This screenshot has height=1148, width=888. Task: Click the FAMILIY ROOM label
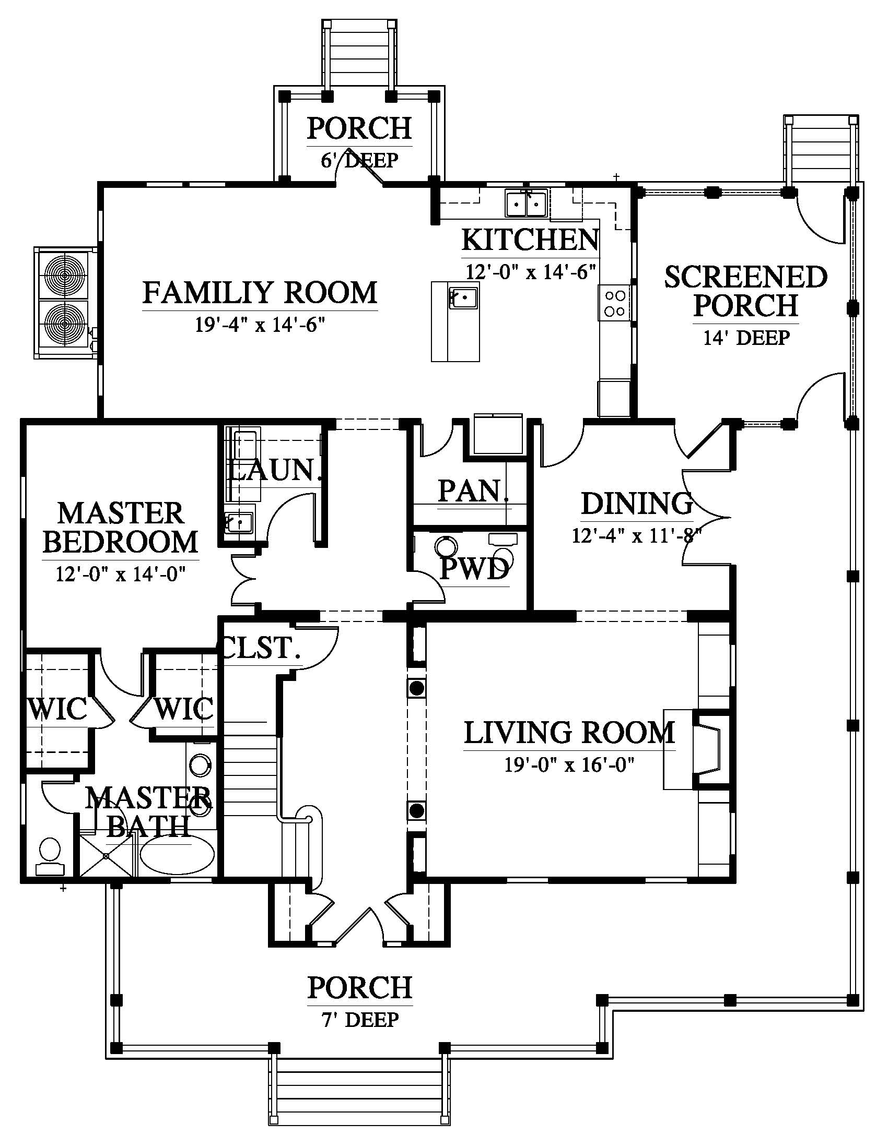point(260,293)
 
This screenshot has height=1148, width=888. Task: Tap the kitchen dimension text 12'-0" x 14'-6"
point(531,272)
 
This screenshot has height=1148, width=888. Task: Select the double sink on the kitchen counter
point(526,204)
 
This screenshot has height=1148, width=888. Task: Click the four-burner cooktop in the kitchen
point(614,303)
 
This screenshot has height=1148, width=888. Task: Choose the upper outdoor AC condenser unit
point(64,274)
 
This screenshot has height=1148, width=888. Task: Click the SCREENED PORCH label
point(746,291)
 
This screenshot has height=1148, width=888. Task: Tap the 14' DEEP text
point(746,338)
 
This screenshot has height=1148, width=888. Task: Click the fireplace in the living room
point(711,749)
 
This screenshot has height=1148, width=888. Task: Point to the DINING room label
point(637,503)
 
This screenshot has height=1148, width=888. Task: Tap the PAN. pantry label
point(473,491)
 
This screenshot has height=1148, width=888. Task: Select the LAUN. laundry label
point(274,470)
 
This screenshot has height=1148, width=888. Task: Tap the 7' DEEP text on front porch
point(360,1020)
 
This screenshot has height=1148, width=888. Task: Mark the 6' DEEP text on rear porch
point(360,160)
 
